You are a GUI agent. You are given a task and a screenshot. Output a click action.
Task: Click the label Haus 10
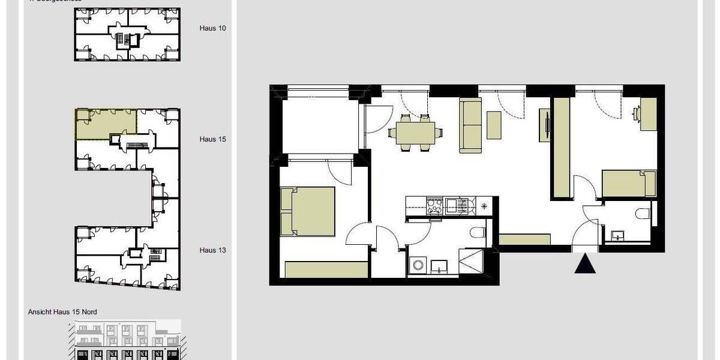pos(213,28)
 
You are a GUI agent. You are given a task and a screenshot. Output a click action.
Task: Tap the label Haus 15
pos(213,139)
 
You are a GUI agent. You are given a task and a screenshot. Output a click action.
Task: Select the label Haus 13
pos(213,250)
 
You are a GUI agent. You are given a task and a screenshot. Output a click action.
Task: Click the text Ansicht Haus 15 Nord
pos(62,312)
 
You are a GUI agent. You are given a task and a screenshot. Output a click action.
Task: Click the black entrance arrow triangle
pos(585,263)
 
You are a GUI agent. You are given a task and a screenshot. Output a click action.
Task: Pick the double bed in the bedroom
pos(308,211)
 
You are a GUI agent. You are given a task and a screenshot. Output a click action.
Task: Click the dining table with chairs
pos(415,133)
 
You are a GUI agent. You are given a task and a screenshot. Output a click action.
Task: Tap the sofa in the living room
pos(471,125)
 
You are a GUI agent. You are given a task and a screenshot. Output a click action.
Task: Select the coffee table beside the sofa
pos(494,125)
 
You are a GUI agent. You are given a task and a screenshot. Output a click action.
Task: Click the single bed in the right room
pos(629,184)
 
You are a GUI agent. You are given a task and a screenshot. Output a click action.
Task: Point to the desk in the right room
pos(648,114)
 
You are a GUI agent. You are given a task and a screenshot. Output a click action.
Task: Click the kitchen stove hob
pos(434,207)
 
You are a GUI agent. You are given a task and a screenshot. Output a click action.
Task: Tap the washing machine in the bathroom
pos(418,265)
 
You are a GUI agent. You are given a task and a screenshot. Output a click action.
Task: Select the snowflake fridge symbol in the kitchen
pos(484,206)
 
